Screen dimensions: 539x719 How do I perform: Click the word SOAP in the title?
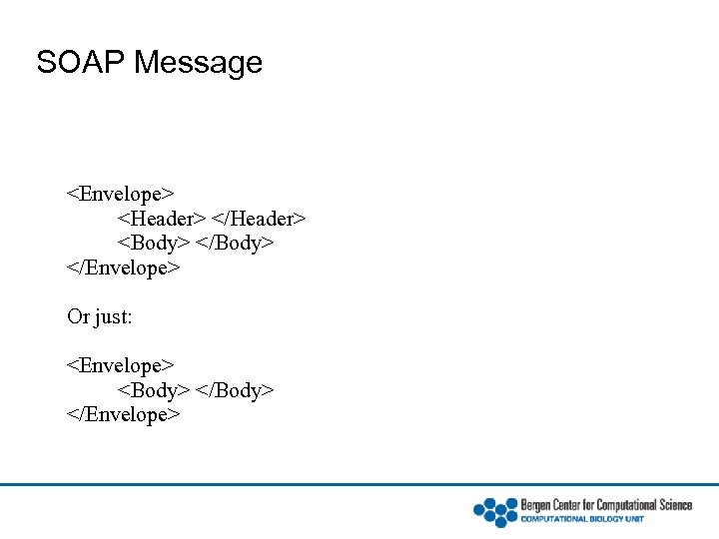81,63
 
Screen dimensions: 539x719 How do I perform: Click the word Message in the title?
198,63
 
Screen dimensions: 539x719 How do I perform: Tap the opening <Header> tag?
163,219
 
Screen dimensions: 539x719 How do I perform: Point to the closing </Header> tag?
260,219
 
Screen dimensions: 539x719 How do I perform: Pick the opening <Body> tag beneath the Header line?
154,244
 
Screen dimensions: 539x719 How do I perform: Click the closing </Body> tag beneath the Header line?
236,244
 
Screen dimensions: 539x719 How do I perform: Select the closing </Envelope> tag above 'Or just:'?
124,269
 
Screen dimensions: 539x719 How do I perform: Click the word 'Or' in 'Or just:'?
78,317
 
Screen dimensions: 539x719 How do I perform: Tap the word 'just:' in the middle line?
114,317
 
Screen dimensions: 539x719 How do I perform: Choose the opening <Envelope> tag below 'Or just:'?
121,365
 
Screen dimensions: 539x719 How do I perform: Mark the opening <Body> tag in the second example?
154,390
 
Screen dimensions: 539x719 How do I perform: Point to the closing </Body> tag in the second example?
236,390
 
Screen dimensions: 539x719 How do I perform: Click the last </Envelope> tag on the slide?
124,414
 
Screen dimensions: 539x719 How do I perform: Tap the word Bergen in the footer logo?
535,505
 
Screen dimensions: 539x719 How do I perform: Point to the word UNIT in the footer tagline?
633,519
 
